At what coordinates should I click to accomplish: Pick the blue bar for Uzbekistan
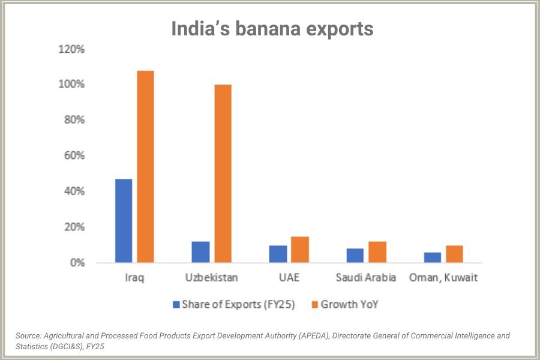[200, 252]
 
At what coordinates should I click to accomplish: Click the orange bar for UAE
[300, 250]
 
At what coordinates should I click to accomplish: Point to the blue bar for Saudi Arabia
[355, 256]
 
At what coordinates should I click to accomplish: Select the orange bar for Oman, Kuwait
[454, 254]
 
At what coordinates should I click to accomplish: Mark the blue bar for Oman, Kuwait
[432, 257]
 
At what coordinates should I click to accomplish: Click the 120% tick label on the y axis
[71, 49]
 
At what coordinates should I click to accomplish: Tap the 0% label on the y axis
[77, 263]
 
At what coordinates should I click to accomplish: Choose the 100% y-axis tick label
[71, 84]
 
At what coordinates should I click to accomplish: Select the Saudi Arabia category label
[366, 278]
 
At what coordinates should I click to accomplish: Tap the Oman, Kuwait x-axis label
[443, 278]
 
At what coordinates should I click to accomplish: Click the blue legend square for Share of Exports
[176, 304]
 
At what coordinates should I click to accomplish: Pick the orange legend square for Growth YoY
[313, 304]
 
